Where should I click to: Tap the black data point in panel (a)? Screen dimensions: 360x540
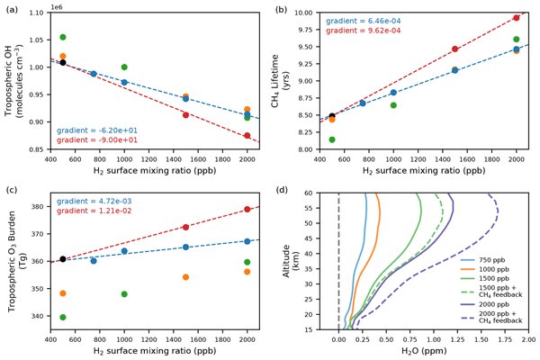63,62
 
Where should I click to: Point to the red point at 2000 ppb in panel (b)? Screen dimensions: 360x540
517,18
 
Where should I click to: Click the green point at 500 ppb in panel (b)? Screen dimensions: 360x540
332,139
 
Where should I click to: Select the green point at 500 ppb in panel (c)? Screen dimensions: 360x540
63,317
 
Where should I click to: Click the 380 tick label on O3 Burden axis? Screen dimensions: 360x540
39,206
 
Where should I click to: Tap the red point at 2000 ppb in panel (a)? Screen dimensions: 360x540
247,136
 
